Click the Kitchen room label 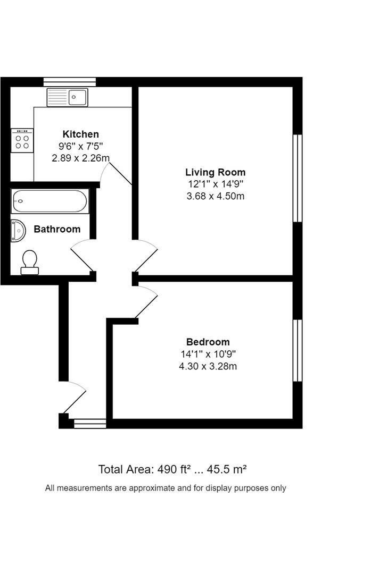[x=80, y=134]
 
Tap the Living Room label [x=215, y=172]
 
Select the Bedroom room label [x=208, y=342]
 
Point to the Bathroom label [x=57, y=229]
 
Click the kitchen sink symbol [x=67, y=97]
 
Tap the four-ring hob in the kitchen [x=22, y=141]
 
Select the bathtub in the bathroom [x=49, y=201]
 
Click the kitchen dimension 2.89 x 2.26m [x=80, y=158]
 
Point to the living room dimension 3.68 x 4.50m [x=215, y=196]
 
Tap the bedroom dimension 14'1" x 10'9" [x=208, y=354]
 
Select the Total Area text [x=172, y=469]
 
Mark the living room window [x=298, y=178]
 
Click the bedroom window [x=298, y=351]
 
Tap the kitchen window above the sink [x=70, y=81]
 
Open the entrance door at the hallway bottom [x=75, y=399]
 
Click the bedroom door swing [x=146, y=302]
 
